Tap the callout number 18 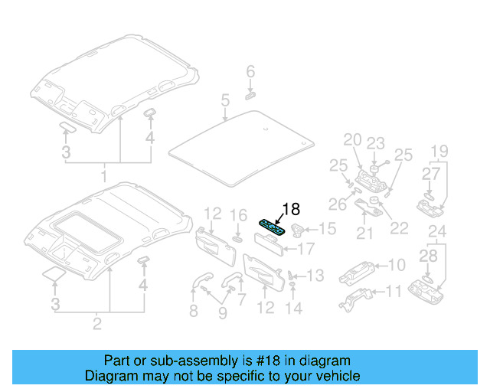coord(291,208)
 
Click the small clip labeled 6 coord(250,96)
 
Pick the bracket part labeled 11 coord(358,295)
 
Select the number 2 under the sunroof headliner coord(97,325)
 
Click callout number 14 coord(294,309)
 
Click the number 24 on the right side coord(437,230)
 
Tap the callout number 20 coord(351,140)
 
